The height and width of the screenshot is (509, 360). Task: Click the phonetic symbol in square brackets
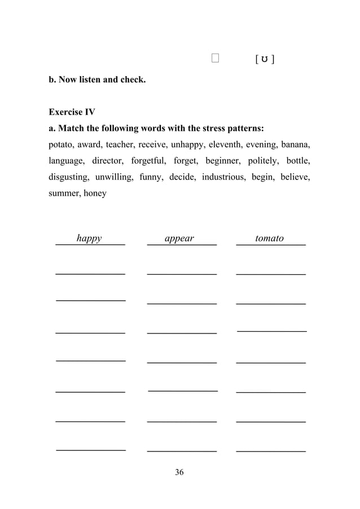point(265,59)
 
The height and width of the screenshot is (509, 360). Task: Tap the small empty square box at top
point(215,58)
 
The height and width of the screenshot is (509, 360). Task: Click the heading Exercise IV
point(72,112)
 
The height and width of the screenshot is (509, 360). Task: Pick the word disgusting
point(69,177)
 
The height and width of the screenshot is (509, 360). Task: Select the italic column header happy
point(89,239)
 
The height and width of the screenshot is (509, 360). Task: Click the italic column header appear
point(179,239)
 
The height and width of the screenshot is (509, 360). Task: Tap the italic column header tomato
point(269,239)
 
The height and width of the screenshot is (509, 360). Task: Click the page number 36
point(179,472)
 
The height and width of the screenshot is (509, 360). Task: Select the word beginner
point(222,161)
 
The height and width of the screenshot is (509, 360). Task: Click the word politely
point(263,161)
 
